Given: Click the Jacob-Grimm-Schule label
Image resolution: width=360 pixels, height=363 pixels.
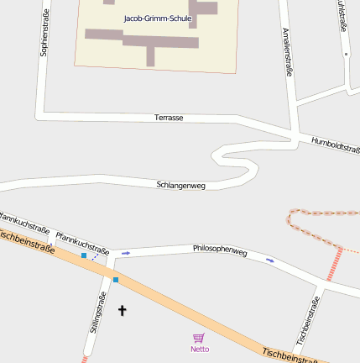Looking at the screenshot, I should (x=157, y=18).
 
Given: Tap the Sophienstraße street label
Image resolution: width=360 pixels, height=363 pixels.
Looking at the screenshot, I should (x=44, y=33).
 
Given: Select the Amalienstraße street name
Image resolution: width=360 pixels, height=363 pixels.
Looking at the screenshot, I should (x=288, y=51).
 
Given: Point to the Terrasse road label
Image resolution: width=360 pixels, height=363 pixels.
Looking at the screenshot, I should (x=169, y=118).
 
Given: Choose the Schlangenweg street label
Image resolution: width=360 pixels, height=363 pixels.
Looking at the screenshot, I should (x=180, y=185).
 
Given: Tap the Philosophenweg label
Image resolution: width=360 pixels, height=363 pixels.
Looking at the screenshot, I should (x=220, y=250).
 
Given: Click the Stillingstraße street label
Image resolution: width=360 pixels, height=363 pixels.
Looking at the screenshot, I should (x=96, y=312).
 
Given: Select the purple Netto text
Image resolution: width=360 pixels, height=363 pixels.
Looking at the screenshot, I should (x=200, y=349).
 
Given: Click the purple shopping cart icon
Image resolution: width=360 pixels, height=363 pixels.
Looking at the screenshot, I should (x=199, y=337).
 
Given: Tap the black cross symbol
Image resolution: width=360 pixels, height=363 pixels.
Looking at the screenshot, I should (x=122, y=311).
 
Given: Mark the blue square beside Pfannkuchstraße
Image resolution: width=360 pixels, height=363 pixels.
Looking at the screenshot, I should (x=84, y=255).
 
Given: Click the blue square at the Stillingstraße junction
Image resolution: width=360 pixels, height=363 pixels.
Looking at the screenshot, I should (x=116, y=279).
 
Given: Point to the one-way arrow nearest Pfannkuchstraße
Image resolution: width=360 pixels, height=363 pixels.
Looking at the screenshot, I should (x=126, y=253).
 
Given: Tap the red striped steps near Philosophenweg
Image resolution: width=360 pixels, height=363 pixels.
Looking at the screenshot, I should (x=335, y=262).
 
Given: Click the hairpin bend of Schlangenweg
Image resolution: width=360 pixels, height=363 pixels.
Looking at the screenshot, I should (x=217, y=154).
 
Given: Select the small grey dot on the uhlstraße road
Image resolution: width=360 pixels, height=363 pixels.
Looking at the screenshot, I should (x=346, y=54).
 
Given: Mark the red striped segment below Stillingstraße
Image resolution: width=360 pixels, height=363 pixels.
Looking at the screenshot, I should (x=85, y=359).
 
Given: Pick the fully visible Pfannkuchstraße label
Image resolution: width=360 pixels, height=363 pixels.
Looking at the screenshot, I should (x=83, y=243).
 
